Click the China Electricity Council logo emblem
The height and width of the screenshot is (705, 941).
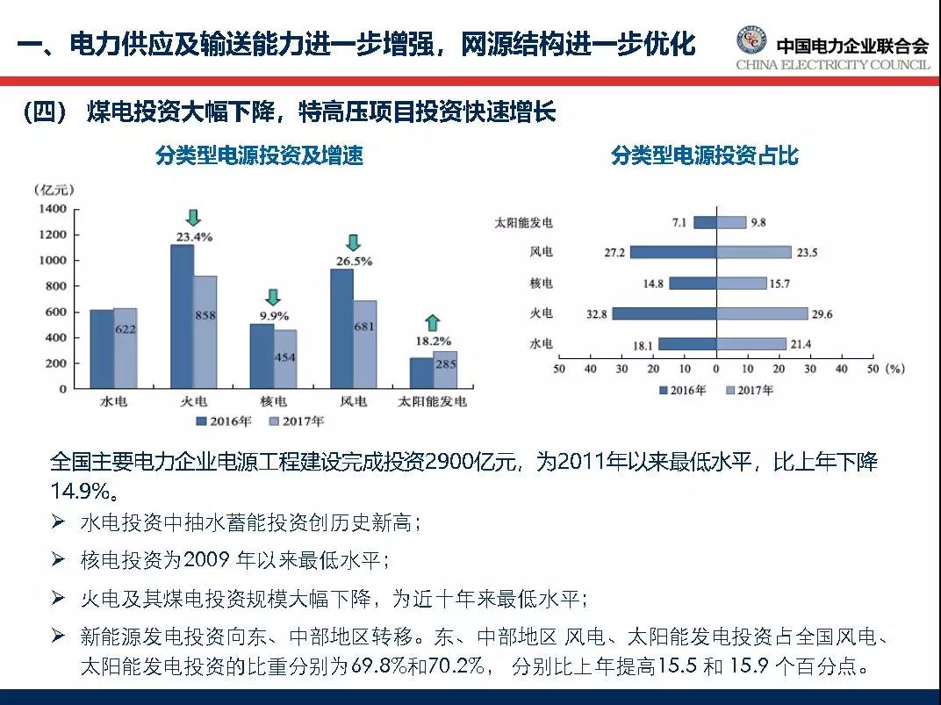[751, 42]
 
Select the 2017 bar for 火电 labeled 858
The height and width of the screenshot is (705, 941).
[205, 334]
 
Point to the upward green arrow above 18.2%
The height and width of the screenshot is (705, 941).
[434, 322]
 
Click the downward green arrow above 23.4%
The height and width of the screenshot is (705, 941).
[194, 218]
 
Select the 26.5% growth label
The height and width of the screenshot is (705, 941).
[354, 261]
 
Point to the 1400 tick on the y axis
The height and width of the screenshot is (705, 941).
[53, 209]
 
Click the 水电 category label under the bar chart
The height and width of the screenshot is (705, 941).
[113, 402]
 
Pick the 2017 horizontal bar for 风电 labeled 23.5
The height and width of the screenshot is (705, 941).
[754, 252]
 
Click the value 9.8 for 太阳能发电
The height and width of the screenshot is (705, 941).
[758, 222]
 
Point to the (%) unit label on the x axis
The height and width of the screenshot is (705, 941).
[894, 369]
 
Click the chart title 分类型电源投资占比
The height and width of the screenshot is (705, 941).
[705, 155]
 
